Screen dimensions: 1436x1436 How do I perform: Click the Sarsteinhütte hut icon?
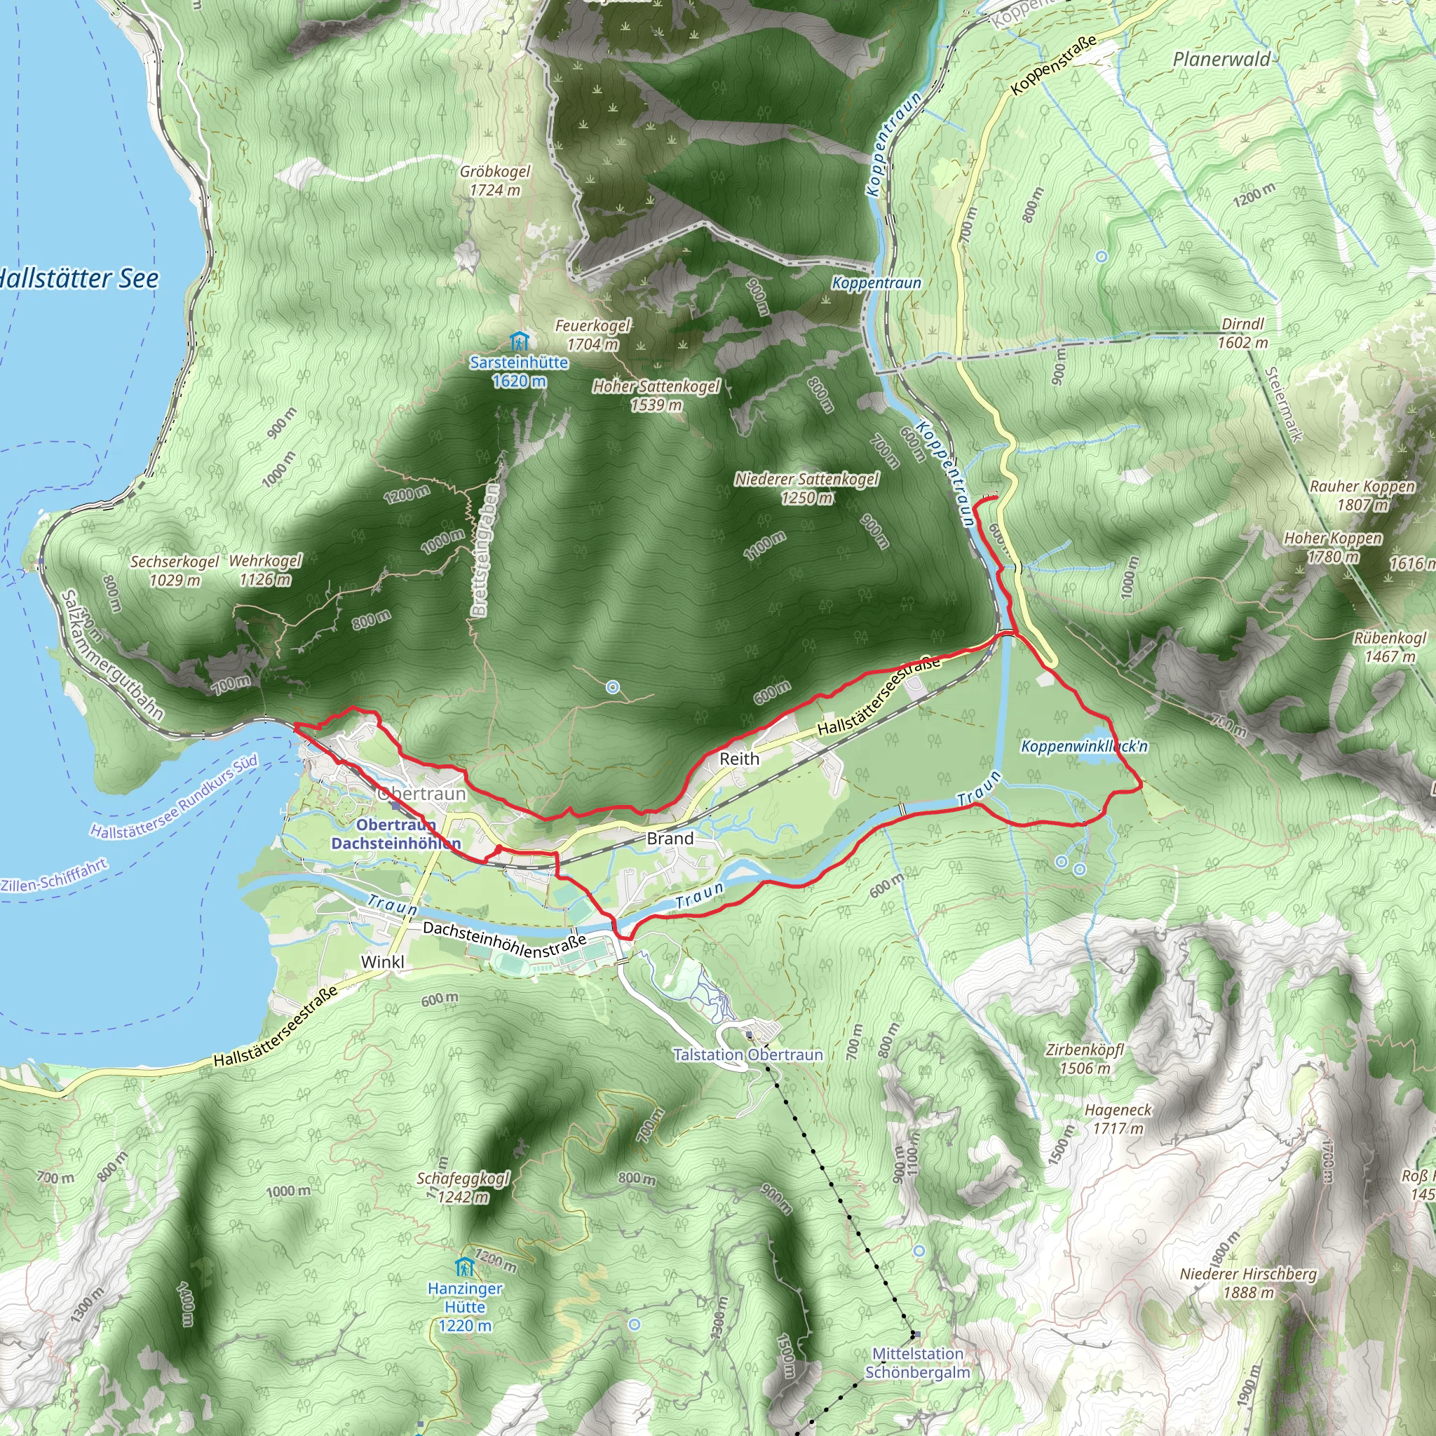(520, 342)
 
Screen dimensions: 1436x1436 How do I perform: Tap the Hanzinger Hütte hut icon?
(465, 1266)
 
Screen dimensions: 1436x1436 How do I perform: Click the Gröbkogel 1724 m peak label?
(495, 181)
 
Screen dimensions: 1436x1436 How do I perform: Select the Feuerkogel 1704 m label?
(592, 334)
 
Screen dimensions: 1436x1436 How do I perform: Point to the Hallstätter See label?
(78, 279)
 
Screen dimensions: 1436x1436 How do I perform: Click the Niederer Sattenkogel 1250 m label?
(806, 488)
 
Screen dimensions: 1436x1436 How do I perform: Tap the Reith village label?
(739, 759)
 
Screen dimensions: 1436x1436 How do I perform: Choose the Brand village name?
(670, 839)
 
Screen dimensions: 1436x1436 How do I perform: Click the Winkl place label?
(383, 962)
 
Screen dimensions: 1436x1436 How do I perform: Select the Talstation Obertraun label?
(747, 1055)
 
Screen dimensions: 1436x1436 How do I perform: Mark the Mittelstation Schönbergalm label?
(917, 1363)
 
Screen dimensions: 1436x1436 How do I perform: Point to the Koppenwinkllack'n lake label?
(1084, 745)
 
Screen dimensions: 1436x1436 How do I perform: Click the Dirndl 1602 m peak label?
(1242, 333)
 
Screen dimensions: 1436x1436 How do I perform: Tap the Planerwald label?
(1221, 60)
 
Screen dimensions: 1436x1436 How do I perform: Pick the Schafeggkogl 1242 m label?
(463, 1187)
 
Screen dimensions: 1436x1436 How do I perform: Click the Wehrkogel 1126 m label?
(265, 569)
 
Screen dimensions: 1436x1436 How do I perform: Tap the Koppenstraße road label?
(1054, 65)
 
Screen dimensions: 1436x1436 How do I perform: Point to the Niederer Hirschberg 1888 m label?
(1248, 1283)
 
